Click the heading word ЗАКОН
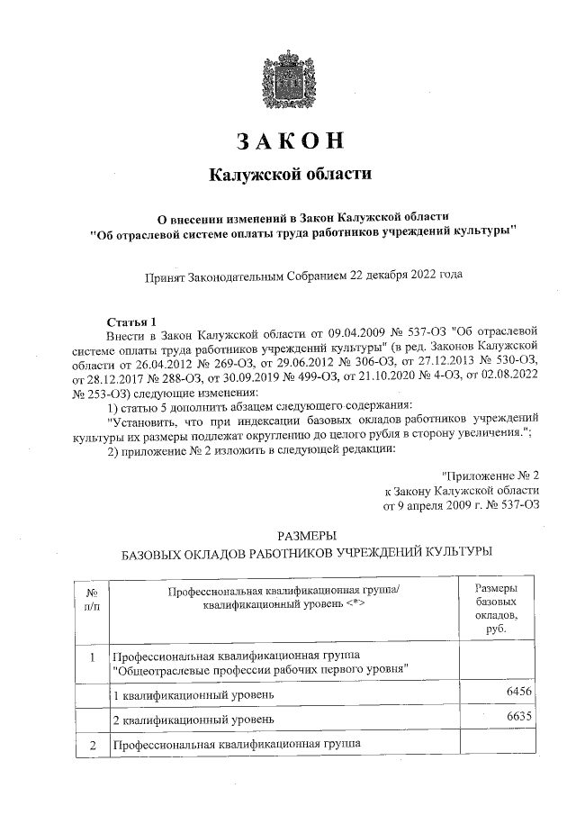(x=290, y=141)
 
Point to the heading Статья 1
(x=131, y=321)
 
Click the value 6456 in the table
(x=522, y=689)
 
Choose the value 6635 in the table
(x=522, y=714)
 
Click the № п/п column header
(x=92, y=601)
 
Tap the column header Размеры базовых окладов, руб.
(x=495, y=608)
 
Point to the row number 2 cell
(x=92, y=744)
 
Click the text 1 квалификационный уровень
(x=187, y=695)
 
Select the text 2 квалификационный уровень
(x=187, y=720)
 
